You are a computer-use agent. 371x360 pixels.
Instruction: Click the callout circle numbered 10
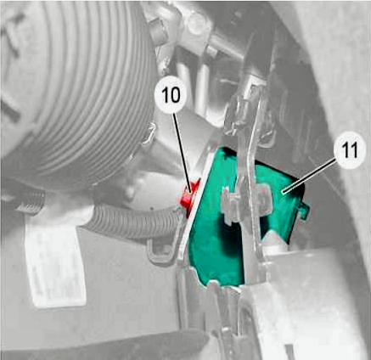171,94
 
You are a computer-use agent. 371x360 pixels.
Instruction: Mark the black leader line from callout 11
310,176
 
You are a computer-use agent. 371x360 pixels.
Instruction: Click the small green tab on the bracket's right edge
303,211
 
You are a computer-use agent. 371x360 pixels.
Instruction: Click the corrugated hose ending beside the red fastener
133,221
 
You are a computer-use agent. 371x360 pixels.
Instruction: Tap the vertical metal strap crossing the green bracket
249,181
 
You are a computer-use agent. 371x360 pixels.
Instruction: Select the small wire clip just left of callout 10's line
149,133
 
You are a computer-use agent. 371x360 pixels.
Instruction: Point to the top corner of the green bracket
223,149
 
